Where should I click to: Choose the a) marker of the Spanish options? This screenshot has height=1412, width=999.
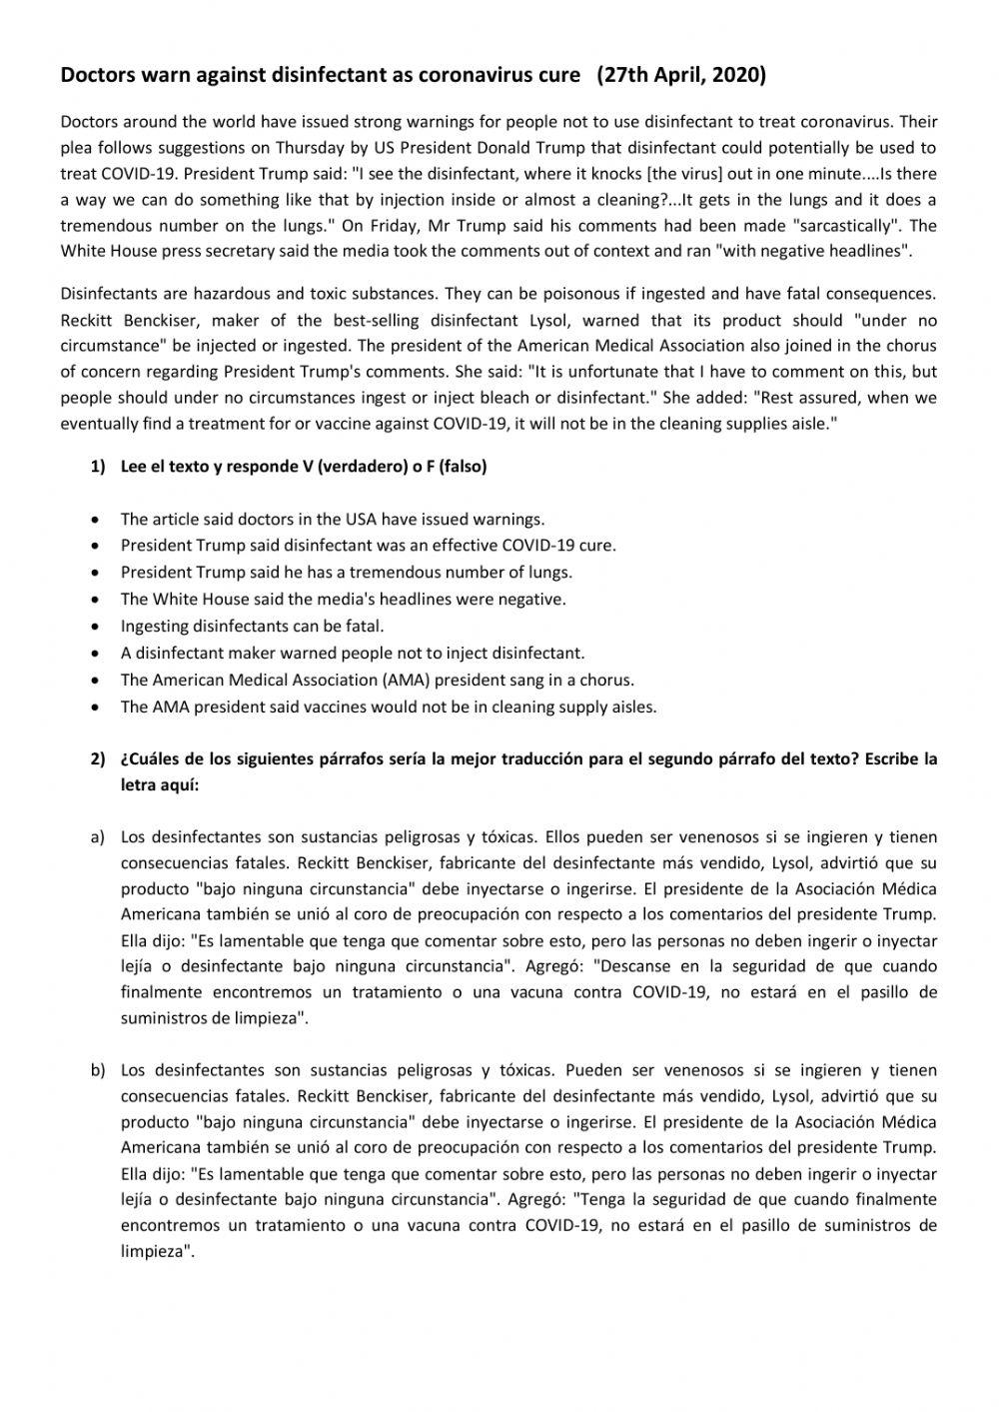click(98, 836)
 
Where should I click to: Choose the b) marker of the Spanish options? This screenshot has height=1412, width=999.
click(98, 1070)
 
